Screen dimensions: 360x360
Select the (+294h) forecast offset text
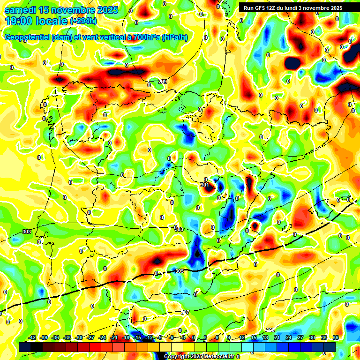83,21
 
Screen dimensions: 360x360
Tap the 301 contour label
204,185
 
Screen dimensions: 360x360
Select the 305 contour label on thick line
179,271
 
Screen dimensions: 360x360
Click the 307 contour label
185,312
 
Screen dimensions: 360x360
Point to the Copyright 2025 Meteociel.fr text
199,357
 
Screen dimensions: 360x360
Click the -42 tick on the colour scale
32,337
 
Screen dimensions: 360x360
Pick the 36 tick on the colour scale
335,337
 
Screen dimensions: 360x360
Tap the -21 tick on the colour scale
114,337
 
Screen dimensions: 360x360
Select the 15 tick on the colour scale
254,337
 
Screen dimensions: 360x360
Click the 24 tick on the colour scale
289,337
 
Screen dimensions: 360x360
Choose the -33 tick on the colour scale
67,337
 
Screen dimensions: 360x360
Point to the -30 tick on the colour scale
79,337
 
